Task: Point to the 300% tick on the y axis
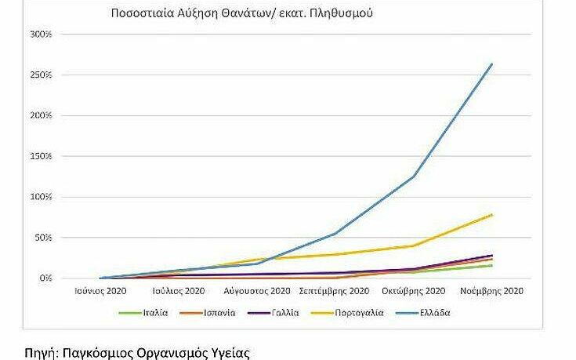point(40,35)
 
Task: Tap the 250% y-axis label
point(40,75)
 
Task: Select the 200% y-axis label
point(40,116)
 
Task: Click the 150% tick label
point(40,157)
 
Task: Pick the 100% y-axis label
point(40,197)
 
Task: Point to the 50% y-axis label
point(42,238)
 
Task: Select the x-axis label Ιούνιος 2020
point(100,291)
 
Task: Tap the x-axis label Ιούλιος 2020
point(179,291)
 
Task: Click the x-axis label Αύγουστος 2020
point(257,291)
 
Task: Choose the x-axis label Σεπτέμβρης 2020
point(335,291)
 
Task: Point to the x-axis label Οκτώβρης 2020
point(413,291)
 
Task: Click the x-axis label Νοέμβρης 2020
point(491,291)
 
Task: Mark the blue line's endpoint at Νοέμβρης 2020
point(491,64)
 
